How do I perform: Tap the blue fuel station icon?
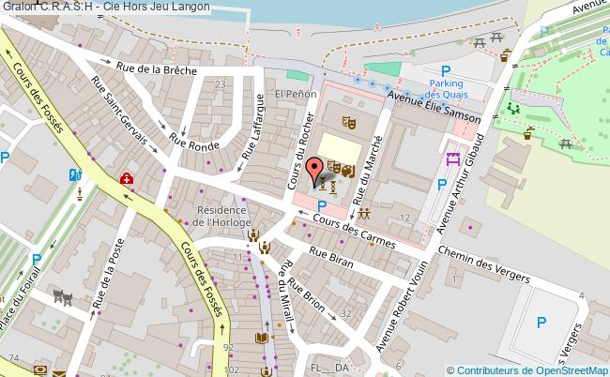coord(75,173)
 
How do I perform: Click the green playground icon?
coord(513,109)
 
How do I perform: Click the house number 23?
coord(221,84)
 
